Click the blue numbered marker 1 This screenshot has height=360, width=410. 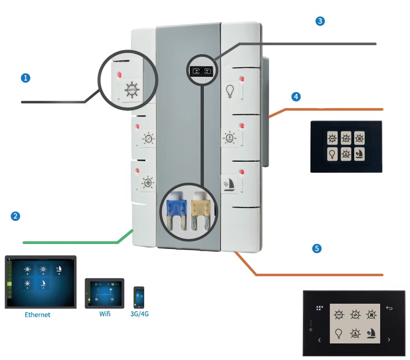pyautogui.click(x=25, y=78)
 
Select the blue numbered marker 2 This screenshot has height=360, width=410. pyautogui.click(x=16, y=216)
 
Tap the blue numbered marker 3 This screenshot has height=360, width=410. pyautogui.click(x=319, y=22)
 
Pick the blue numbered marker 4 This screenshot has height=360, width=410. pyautogui.click(x=297, y=96)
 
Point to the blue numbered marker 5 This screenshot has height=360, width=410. pyautogui.click(x=316, y=249)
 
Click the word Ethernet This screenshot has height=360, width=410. pyautogui.click(x=38, y=314)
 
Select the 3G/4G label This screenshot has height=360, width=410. pyautogui.click(x=140, y=314)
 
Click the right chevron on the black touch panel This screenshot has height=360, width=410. pyautogui.click(x=389, y=339)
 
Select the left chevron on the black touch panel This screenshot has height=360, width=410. pyautogui.click(x=320, y=340)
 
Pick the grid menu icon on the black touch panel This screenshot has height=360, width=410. pyautogui.click(x=319, y=308)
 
